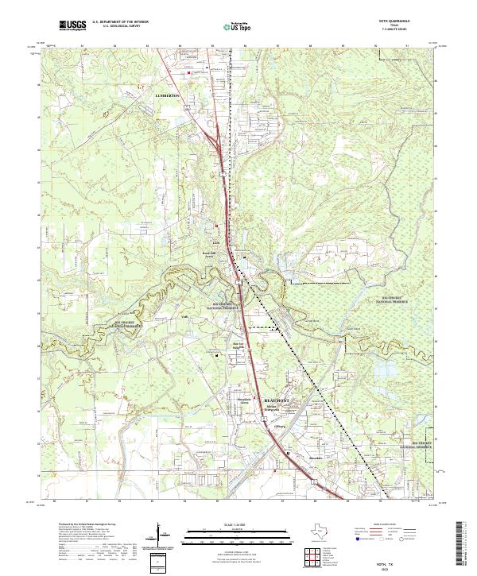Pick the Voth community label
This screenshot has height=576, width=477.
[183, 315]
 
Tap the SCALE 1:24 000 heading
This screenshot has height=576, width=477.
[238, 524]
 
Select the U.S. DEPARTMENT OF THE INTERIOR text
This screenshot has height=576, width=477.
[119, 22]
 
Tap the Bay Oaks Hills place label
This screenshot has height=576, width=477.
[235, 346]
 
